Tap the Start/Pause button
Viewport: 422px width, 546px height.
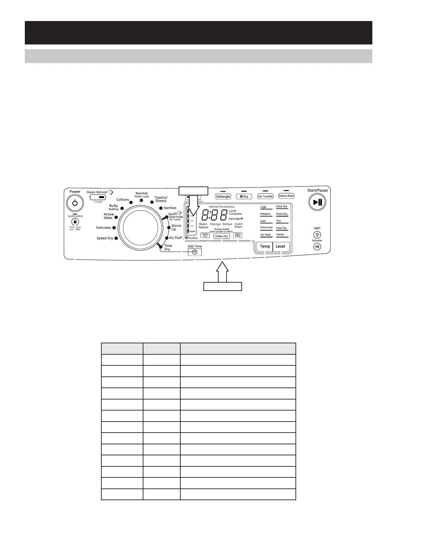tap(317, 202)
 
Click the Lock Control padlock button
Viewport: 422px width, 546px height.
tap(75, 222)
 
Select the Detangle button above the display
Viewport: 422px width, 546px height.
tap(223, 196)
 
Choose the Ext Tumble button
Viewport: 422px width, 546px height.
tap(265, 196)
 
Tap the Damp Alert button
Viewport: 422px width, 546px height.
tap(286, 196)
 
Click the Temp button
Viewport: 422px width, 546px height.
tap(265, 246)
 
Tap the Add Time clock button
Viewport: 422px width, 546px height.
tap(195, 252)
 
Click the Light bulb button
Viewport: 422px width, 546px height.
tap(317, 234)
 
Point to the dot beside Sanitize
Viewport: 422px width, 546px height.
tap(161, 208)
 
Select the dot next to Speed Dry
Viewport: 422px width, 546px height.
tap(116, 238)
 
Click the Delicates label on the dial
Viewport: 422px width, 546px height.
tap(103, 228)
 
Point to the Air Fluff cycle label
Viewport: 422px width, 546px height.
tap(175, 238)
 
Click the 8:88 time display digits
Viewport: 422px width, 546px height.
tap(214, 215)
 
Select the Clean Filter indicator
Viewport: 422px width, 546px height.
tap(238, 235)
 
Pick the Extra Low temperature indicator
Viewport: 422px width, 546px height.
tap(266, 228)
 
